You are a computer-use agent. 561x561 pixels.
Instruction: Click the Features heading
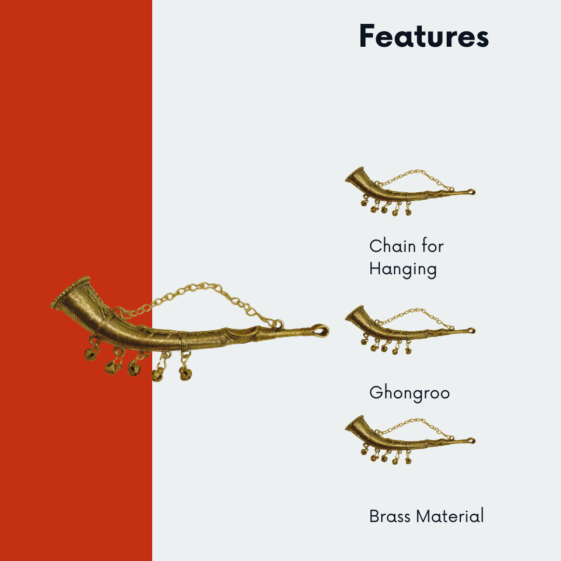[x=424, y=36]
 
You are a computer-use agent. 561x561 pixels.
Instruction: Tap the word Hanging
[x=403, y=270]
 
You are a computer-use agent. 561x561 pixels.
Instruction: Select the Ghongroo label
[x=409, y=393]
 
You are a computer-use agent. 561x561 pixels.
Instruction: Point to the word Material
[x=450, y=516]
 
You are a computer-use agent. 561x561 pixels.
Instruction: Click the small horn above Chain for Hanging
[x=410, y=191]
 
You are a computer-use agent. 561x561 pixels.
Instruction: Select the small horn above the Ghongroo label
[x=410, y=330]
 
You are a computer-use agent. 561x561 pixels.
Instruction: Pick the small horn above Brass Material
[x=410, y=440]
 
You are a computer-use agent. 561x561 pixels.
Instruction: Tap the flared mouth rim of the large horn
[x=70, y=292]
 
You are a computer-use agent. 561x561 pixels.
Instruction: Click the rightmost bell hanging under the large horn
[x=185, y=374]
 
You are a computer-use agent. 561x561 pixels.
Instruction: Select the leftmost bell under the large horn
[x=90, y=354]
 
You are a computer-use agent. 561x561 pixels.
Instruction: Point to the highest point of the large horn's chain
[x=204, y=285]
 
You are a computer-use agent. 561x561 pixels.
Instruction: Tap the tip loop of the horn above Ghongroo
[x=472, y=330]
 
